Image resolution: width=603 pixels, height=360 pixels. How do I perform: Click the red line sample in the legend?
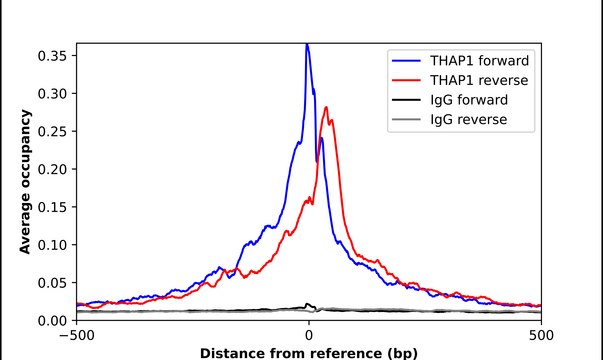coord(408,79)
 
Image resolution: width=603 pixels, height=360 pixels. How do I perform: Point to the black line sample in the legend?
coord(408,100)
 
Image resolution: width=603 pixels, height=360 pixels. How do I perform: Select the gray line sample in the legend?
coord(408,120)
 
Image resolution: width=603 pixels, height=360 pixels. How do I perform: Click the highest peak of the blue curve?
coord(307,44)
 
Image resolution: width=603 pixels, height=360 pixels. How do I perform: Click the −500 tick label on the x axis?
coord(76,337)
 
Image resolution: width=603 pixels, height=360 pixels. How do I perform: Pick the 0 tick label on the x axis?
coord(309,337)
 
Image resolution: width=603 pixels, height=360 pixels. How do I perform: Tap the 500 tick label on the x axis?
coord(541,337)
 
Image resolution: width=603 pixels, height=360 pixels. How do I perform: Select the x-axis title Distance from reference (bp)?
coord(308,353)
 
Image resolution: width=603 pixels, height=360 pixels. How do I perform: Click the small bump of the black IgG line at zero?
coord(307,304)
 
